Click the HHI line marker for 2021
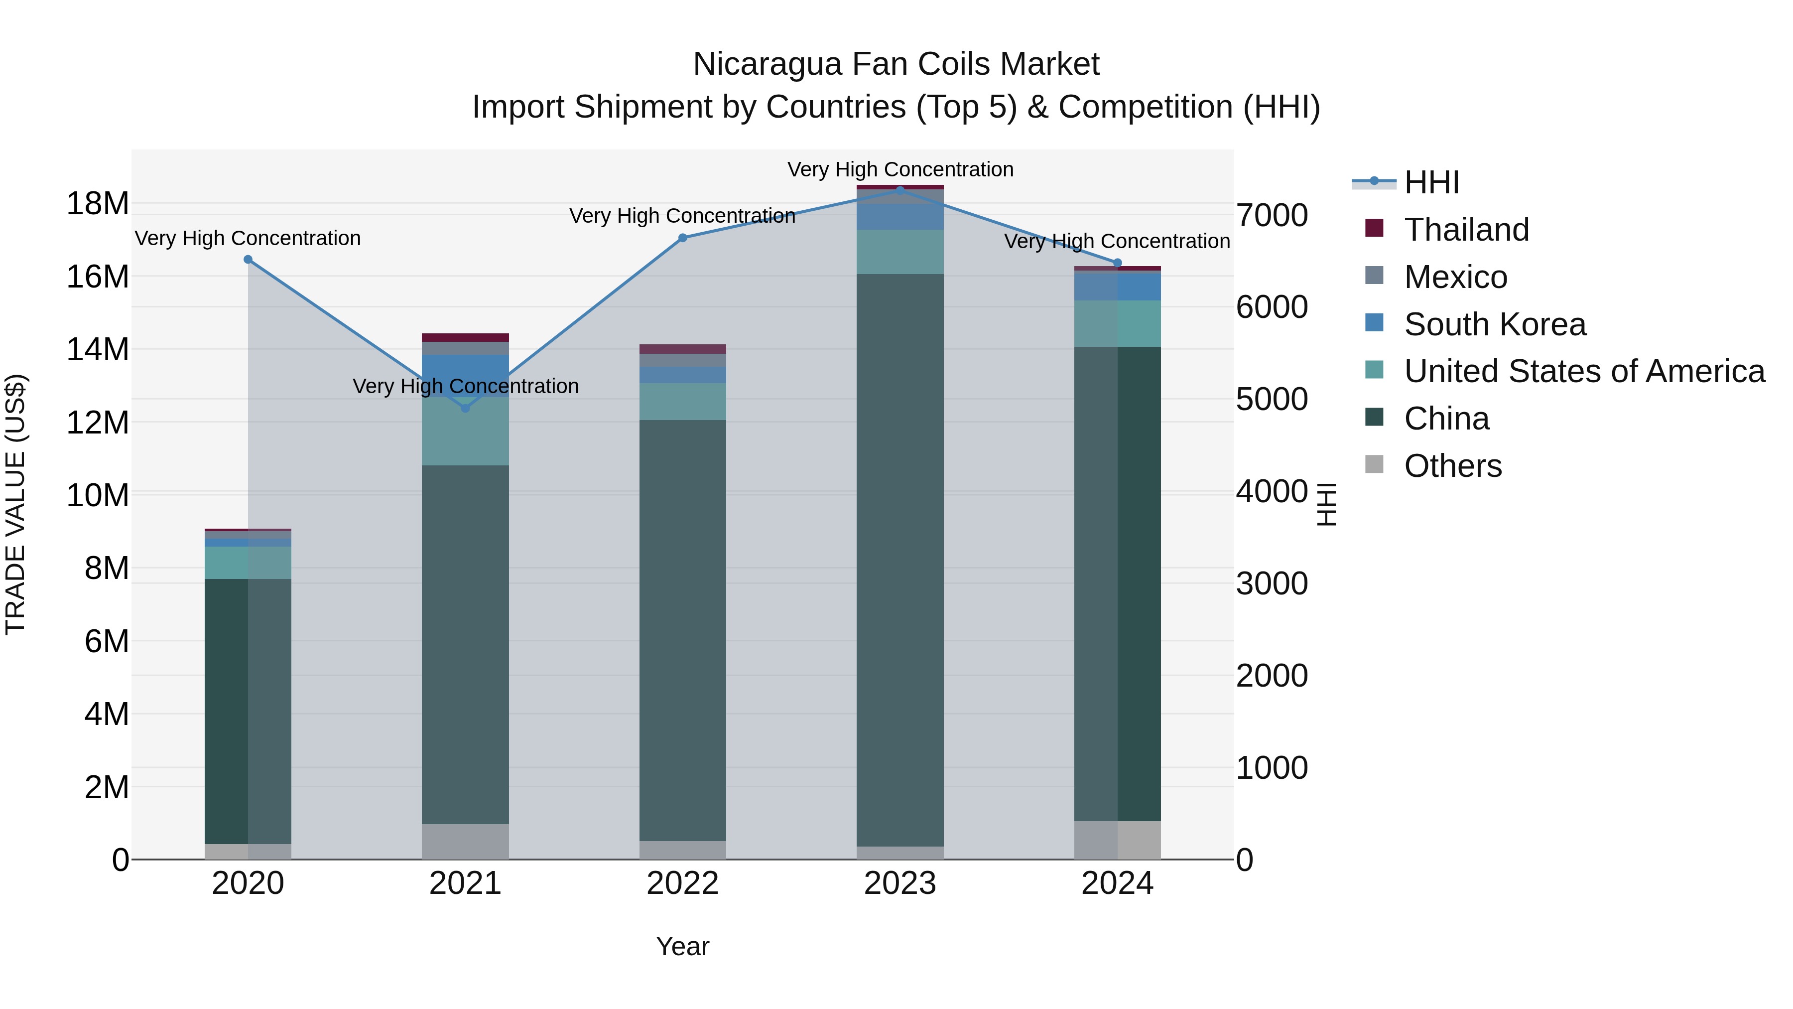pyautogui.click(x=466, y=408)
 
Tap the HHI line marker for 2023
pyautogui.click(x=900, y=190)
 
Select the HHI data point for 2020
pyautogui.click(x=248, y=260)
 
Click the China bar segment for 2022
pyautogui.click(x=682, y=627)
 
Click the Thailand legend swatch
pyautogui.click(x=1374, y=228)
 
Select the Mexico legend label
pyautogui.click(x=1455, y=277)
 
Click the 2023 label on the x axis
pyautogui.click(x=900, y=883)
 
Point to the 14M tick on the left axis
pyautogui.click(x=98, y=350)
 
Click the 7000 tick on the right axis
pyautogui.click(x=1272, y=215)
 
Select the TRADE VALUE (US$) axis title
pyautogui.click(x=15, y=504)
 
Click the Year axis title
pyautogui.click(x=682, y=946)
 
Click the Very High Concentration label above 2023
pyautogui.click(x=900, y=169)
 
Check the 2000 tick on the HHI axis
pyautogui.click(x=1272, y=676)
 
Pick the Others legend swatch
pyautogui.click(x=1374, y=464)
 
